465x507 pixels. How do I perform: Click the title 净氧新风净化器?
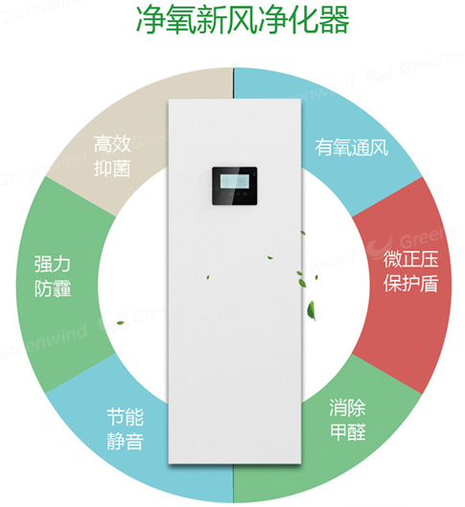243,19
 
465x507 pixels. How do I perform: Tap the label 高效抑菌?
112,156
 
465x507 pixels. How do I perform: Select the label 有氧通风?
352,148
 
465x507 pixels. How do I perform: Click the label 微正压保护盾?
410,271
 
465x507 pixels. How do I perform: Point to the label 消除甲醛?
348,420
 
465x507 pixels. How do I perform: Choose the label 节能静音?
126,429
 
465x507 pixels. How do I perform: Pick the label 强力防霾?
53,276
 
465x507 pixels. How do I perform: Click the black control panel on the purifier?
235,186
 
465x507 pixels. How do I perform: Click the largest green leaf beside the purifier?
312,311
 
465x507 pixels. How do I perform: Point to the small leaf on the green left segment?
120,322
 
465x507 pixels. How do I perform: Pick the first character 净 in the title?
151,20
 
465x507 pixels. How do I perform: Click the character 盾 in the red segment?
430,284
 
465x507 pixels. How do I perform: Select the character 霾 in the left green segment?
61,288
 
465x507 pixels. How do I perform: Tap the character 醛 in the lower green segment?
358,432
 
